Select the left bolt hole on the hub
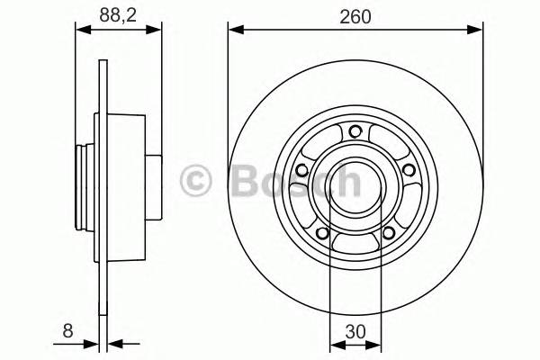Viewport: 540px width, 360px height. [302, 170]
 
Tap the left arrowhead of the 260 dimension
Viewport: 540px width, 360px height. [236, 30]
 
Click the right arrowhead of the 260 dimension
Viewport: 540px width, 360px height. [478, 30]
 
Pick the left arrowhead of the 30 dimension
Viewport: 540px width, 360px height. [337, 343]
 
